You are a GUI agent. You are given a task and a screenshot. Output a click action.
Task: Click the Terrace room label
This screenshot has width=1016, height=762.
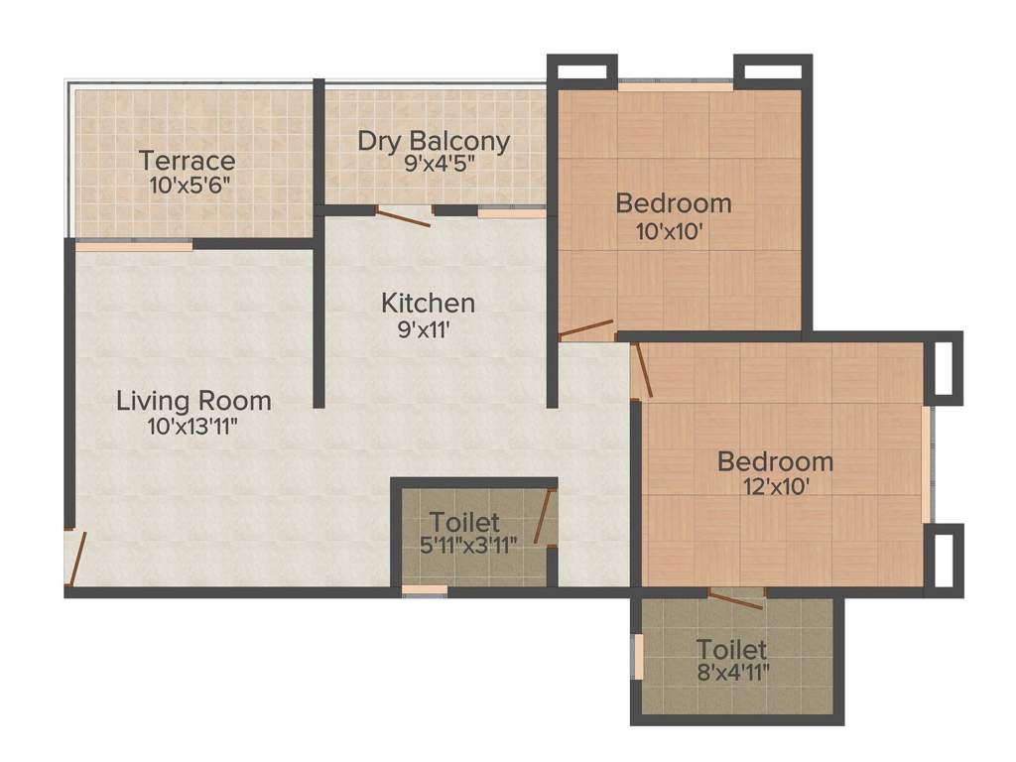click(188, 161)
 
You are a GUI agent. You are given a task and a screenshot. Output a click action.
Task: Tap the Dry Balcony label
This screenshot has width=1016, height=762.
click(434, 141)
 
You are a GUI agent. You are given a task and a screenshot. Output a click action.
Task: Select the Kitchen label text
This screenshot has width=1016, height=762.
click(429, 302)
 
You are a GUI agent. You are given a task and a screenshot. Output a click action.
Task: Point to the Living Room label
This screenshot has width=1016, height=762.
click(193, 401)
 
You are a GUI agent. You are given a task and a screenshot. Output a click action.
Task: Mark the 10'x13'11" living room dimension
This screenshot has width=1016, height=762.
click(193, 427)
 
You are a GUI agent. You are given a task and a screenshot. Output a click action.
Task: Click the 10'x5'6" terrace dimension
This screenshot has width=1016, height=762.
click(188, 185)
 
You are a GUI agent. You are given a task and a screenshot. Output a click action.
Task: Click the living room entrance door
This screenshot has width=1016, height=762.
click(75, 559)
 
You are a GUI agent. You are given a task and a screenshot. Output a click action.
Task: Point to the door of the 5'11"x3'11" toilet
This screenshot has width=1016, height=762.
click(544, 518)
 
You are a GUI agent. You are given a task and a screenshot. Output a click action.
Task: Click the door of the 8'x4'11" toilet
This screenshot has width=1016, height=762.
click(736, 598)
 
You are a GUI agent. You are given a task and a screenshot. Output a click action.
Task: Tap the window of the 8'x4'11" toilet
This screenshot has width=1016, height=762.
click(638, 656)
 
